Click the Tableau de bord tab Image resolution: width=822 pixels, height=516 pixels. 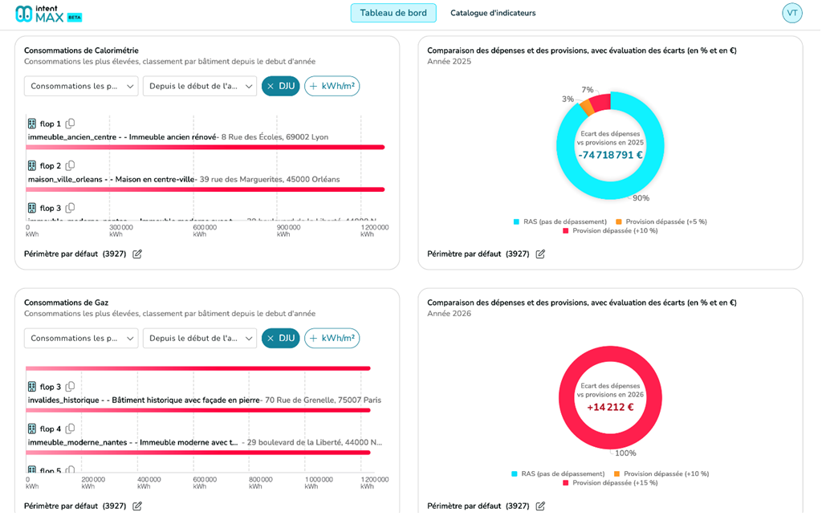pos(393,13)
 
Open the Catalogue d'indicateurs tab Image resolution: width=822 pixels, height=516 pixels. pos(493,13)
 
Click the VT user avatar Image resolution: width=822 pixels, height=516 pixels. pos(791,13)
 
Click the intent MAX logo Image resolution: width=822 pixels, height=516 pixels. pos(48,14)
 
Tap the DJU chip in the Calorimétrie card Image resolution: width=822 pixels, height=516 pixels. pos(280,86)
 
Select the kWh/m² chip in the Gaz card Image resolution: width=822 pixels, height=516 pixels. pos(332,338)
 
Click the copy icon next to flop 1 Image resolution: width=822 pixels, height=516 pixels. pos(70,124)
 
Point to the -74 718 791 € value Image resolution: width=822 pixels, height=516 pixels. pos(610,155)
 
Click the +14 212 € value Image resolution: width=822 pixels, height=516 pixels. pos(610,407)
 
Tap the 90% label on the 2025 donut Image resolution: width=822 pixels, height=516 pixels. pos(641,198)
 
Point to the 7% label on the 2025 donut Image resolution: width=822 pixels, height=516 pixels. pos(588,90)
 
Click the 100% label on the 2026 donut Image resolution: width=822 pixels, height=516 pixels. pos(625,453)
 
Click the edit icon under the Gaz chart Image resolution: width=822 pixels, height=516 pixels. pos(137,506)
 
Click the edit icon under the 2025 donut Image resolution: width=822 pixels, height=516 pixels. pos(540,254)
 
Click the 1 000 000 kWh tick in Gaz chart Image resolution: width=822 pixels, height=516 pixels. pos(319,482)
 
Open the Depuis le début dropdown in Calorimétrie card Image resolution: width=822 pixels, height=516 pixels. pos(200,86)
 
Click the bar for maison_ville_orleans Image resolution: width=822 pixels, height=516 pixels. pos(205,189)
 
